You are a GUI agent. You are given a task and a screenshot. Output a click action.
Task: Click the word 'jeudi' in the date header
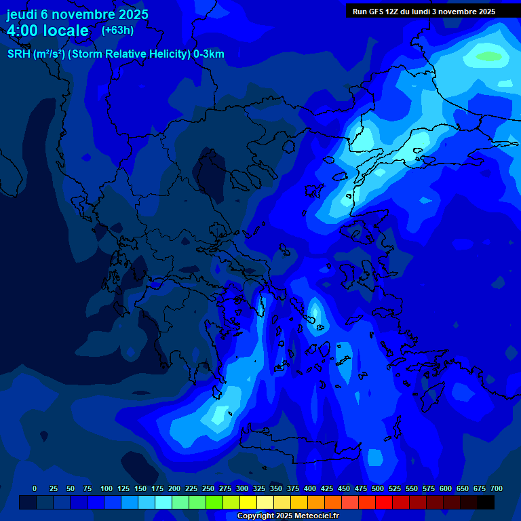tap(21, 14)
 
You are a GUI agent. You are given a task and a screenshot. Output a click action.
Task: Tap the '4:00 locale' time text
tap(47, 31)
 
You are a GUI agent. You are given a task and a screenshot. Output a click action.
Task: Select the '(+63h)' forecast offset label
tap(117, 30)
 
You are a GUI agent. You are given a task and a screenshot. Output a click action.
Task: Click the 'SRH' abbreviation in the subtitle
tap(18, 54)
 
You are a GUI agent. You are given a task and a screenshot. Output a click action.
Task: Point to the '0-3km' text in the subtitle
tap(209, 54)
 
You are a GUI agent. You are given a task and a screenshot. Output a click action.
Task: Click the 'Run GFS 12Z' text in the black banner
tap(376, 12)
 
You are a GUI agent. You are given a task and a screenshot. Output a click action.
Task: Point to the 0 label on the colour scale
tap(35, 488)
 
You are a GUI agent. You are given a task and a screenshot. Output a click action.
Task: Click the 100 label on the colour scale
tap(107, 488)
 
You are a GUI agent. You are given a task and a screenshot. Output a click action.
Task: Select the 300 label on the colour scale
tap(242, 488)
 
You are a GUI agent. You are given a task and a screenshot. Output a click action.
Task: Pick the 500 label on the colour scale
tap(378, 488)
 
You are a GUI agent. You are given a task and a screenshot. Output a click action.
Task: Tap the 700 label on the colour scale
tap(497, 488)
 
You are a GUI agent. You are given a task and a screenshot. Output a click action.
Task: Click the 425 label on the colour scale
tap(327, 488)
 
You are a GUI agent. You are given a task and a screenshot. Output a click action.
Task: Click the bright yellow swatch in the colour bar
tap(248, 503)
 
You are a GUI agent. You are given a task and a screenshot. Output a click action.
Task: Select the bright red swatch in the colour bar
tap(384, 503)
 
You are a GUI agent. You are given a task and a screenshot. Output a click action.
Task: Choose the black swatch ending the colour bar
tap(486, 503)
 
